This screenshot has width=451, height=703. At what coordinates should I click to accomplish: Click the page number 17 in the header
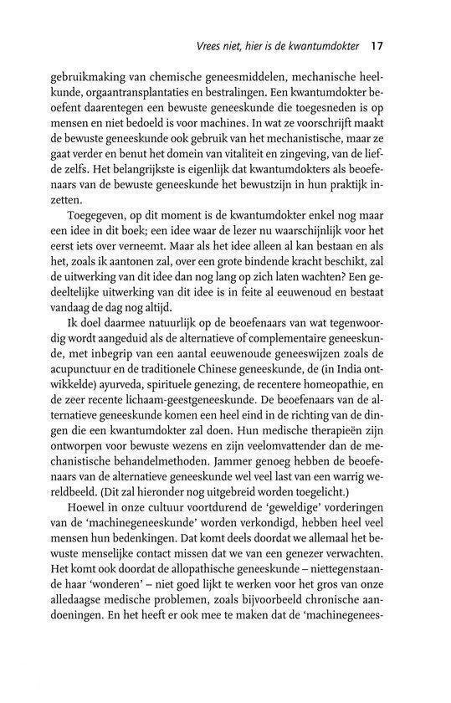[x=377, y=44]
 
